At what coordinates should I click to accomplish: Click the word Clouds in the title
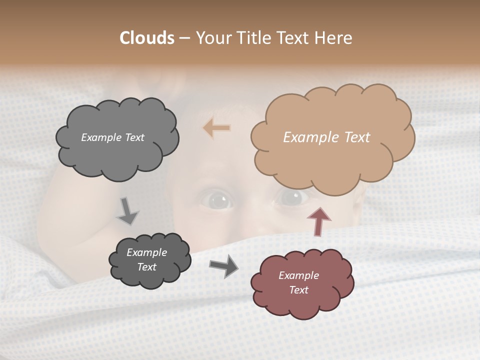coord(146,38)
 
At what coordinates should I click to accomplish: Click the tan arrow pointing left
coord(217,127)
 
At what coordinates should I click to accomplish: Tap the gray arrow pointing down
coord(127,210)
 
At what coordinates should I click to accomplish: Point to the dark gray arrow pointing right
coord(223,265)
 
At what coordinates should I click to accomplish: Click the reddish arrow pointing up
coord(318,221)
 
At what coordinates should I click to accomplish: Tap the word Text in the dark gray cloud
coord(146,267)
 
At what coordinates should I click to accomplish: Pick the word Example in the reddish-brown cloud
coord(298,275)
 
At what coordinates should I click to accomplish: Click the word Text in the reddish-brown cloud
coord(298,290)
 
